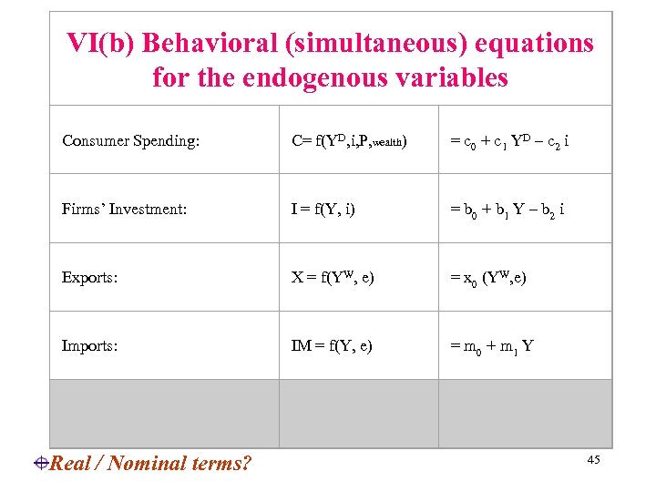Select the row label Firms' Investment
125,210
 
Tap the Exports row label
89,278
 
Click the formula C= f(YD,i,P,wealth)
349,140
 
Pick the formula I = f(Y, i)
323,210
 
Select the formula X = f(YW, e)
333,277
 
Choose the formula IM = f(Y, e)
332,346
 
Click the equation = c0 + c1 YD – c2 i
510,140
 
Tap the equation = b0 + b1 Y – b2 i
507,210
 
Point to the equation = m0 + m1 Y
491,346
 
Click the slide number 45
593,461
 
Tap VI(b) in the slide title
100,43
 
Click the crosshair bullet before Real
42,463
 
